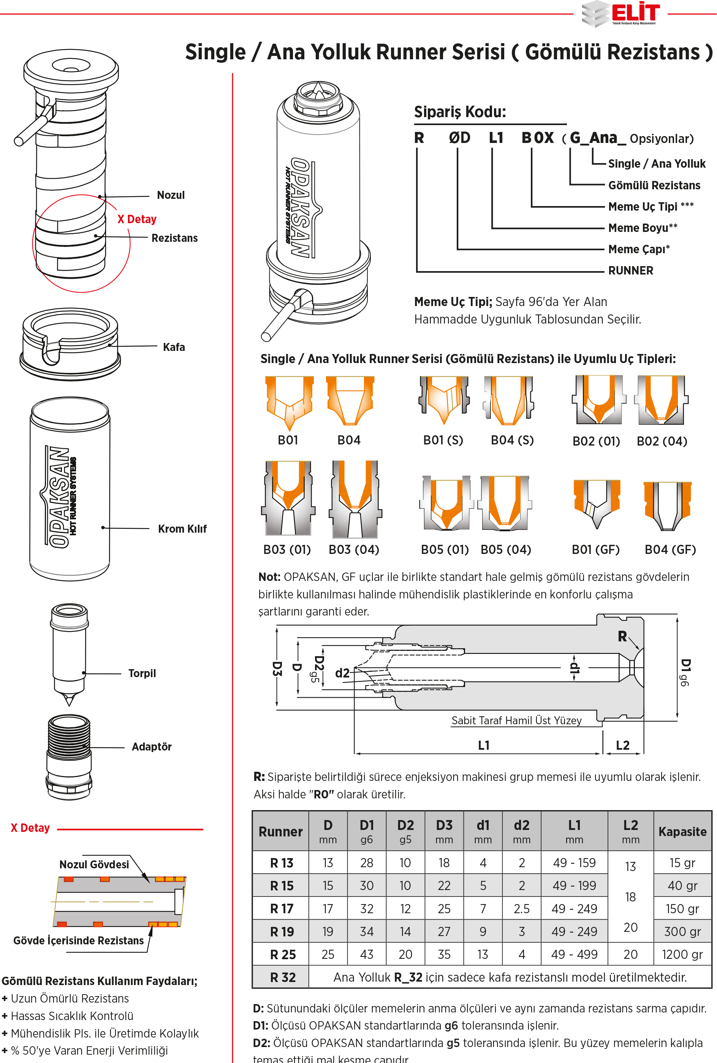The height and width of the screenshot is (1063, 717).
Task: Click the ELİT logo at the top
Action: (x=622, y=14)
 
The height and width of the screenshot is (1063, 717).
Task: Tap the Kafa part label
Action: (x=174, y=347)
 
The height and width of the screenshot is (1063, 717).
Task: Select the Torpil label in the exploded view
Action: (x=142, y=673)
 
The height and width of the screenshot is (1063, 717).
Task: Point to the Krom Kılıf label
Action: (x=182, y=529)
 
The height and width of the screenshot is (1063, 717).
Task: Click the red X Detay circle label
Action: (x=137, y=219)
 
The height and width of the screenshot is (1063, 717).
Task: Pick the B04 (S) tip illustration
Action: (x=508, y=400)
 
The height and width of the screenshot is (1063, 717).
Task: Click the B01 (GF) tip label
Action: (x=595, y=549)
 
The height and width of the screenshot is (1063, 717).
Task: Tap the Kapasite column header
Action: (x=682, y=831)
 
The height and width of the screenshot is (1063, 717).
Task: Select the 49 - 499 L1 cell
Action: (x=575, y=955)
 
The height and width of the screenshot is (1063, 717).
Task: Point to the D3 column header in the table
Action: (x=444, y=831)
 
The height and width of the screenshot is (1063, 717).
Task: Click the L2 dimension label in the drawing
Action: (x=622, y=745)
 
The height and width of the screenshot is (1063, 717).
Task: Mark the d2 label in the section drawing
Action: (x=342, y=673)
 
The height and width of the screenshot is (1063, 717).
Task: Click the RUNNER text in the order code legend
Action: (x=631, y=271)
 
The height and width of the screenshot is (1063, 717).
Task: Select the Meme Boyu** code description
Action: (x=643, y=228)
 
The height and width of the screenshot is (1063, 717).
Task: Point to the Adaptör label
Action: (x=151, y=747)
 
